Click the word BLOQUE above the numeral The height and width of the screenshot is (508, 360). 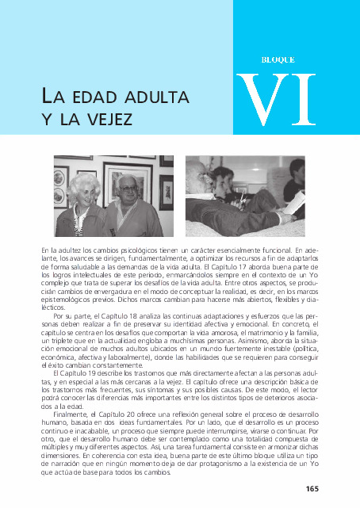pos(278,59)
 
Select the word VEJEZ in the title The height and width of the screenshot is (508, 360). pos(109,118)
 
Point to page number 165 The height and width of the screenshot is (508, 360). pos(312,487)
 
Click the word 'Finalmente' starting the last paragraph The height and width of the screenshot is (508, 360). pos(70,414)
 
